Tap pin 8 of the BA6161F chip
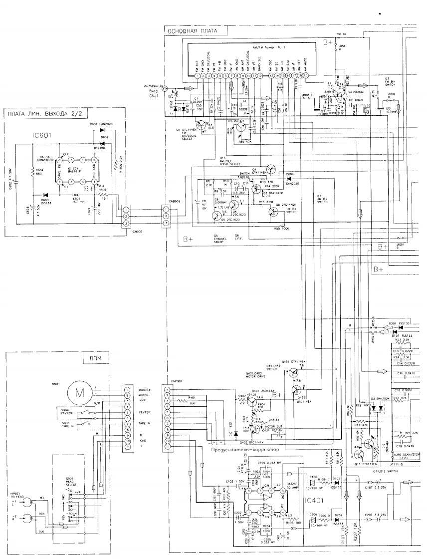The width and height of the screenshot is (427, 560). click(x=59, y=160)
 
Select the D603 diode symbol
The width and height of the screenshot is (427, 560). click(x=45, y=195)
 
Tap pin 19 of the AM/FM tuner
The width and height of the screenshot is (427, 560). click(x=306, y=75)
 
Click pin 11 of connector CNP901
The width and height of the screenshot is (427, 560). click(x=167, y=447)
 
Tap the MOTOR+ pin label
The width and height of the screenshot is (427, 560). click(x=143, y=390)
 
